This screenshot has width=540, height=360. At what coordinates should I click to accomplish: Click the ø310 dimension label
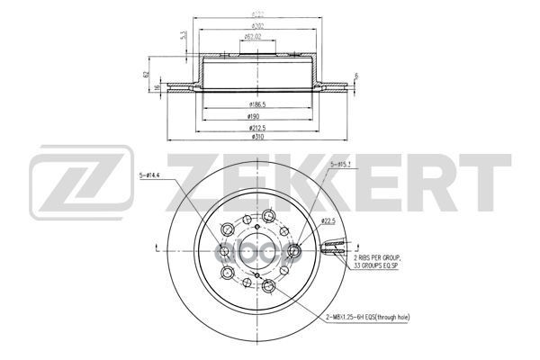257,136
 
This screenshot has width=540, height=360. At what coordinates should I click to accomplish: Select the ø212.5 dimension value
257,126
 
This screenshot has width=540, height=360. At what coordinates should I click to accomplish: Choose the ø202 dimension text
257,26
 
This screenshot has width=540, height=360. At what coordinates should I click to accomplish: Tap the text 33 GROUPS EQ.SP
378,266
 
